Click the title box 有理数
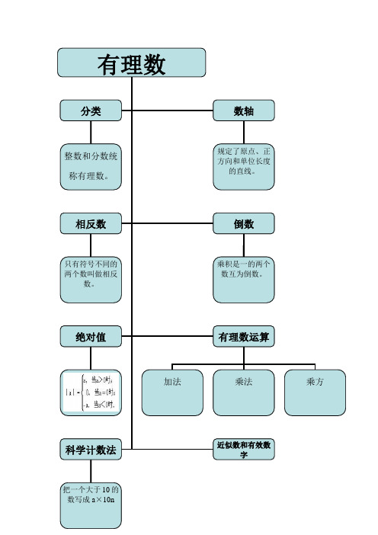[x=132, y=63]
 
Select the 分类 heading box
[x=91, y=111]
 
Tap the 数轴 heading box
[x=243, y=111]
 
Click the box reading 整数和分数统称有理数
[x=91, y=166]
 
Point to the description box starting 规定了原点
[x=243, y=166]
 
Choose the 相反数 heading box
[x=91, y=224]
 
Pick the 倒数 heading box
[x=243, y=224]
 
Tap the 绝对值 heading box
[x=91, y=336]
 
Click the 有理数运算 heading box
[x=243, y=336]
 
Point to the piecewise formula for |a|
[x=91, y=392]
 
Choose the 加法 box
[x=172, y=392]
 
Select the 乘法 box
[x=243, y=392]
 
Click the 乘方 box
[x=314, y=392]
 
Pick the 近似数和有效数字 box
[x=243, y=450]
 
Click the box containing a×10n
[x=91, y=504]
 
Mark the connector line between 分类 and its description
[x=91, y=131]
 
